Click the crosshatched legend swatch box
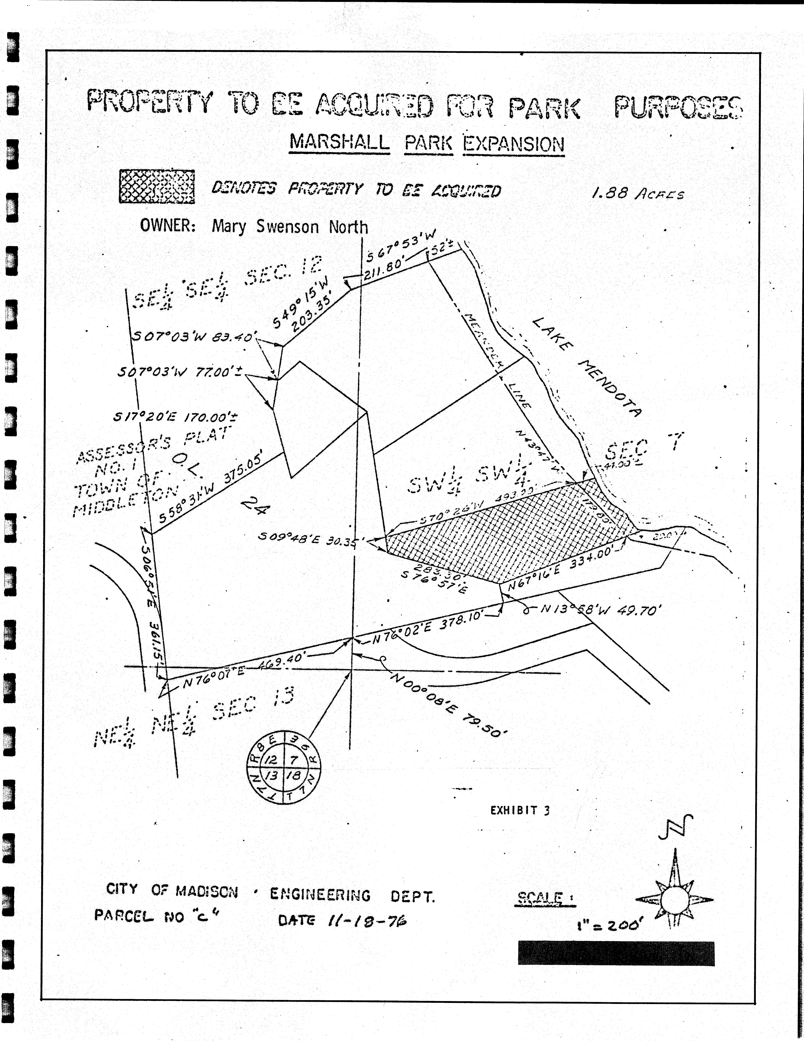click(x=157, y=186)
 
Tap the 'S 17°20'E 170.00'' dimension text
click(x=175, y=417)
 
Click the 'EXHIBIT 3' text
click(x=520, y=810)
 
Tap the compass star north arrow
click(x=674, y=899)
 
